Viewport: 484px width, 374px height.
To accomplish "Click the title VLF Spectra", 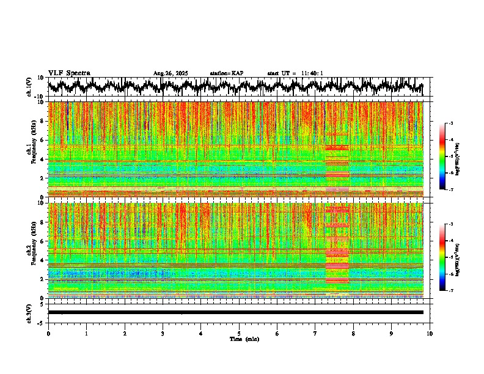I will [x=69, y=73].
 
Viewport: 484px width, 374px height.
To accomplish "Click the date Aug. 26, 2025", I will [x=170, y=73].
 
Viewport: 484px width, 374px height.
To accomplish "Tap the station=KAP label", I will [x=226, y=73].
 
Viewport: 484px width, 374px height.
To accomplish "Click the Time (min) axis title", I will [x=244, y=339].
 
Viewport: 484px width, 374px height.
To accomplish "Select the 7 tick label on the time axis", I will [x=315, y=334].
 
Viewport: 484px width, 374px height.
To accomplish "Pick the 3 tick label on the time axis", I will [x=163, y=334].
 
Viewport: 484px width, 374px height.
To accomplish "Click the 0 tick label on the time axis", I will [x=48, y=334].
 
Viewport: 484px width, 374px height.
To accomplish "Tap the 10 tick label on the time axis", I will [x=430, y=334].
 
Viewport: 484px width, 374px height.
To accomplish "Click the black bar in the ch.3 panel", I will [x=235, y=312].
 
